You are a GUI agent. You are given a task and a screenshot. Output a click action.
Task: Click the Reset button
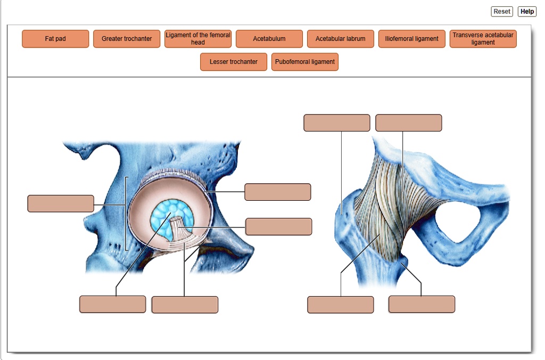501,11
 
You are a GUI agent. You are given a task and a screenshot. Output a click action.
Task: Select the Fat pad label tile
55,39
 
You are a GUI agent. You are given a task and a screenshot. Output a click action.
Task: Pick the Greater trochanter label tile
127,39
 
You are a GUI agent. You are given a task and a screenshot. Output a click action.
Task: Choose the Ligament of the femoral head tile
198,39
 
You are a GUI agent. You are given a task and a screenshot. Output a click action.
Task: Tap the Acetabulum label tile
269,39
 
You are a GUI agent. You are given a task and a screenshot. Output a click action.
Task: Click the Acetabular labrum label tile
341,39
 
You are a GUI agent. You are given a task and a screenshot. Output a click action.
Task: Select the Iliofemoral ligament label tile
412,39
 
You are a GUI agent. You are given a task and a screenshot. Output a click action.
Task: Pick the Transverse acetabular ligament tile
483,39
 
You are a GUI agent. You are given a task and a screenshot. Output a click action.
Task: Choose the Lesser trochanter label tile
234,62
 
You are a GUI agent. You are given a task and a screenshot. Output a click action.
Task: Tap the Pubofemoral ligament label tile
305,62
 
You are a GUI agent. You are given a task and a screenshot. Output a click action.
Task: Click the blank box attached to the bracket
61,204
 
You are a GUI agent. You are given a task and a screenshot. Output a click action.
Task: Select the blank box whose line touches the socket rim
277,192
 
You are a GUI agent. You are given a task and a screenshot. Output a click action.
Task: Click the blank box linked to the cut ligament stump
278,226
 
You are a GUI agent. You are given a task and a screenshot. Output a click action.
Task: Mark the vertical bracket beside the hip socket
126,213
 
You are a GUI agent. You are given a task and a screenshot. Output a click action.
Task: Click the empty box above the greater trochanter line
336,123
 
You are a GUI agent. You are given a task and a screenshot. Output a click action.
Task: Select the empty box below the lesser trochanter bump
422,305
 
